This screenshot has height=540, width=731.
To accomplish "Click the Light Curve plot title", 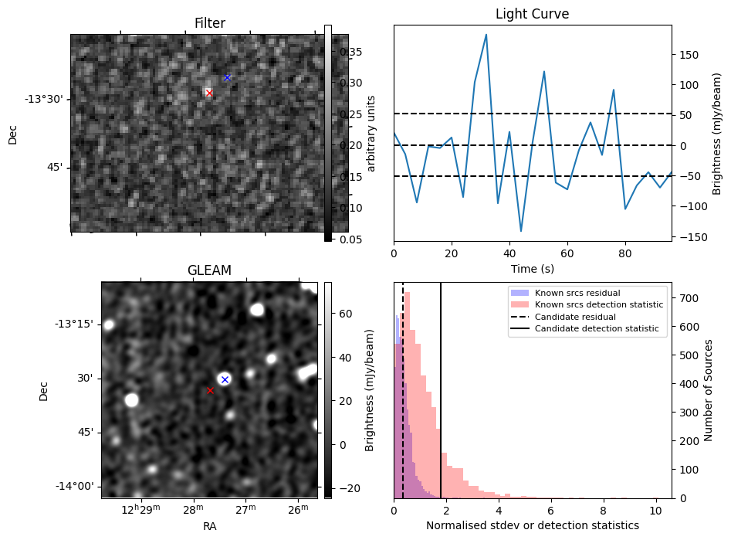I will (x=532, y=14).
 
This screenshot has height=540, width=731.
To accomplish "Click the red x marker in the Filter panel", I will (x=209, y=93).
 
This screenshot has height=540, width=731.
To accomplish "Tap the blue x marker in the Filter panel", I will (x=227, y=77).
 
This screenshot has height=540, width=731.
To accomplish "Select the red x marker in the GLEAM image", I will (x=210, y=390).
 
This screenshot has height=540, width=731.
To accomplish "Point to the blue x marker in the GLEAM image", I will (x=225, y=379).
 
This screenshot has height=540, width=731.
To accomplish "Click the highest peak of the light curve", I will (x=486, y=35).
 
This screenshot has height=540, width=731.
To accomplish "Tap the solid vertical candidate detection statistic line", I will (x=441, y=386).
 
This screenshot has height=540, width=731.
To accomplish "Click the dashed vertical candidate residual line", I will (x=403, y=386).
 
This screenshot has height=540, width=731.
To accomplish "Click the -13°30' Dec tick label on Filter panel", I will (x=44, y=99).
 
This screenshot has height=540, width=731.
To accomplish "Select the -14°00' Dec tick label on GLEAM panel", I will (x=75, y=486).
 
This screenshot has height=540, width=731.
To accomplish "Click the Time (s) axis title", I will (x=532, y=269).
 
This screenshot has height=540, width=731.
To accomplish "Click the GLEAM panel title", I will (x=209, y=270).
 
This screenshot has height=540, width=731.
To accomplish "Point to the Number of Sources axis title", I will (x=709, y=390).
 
